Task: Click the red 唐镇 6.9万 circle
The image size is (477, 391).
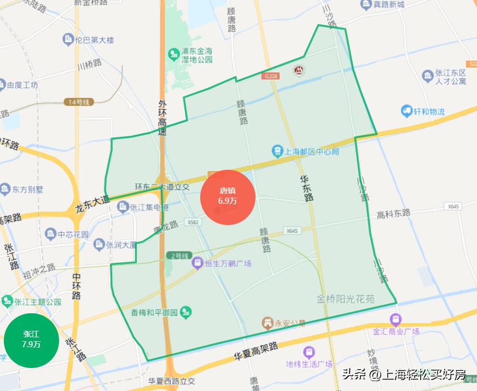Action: coord(228,197)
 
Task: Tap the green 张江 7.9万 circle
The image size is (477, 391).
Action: coord(31,340)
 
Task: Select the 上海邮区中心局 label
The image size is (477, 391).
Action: coord(312,151)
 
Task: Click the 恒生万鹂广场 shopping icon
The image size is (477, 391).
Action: coord(196,264)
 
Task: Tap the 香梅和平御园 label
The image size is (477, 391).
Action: coord(154,313)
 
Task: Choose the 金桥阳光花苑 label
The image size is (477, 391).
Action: coord(346,299)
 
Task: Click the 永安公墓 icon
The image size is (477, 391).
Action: coord(268,323)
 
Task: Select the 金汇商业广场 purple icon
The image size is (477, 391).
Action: coord(395,319)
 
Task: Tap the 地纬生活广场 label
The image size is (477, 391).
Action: coord(310,364)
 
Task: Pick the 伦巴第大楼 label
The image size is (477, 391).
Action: coord(95,40)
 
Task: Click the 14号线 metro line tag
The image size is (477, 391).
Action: coord(79,102)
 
